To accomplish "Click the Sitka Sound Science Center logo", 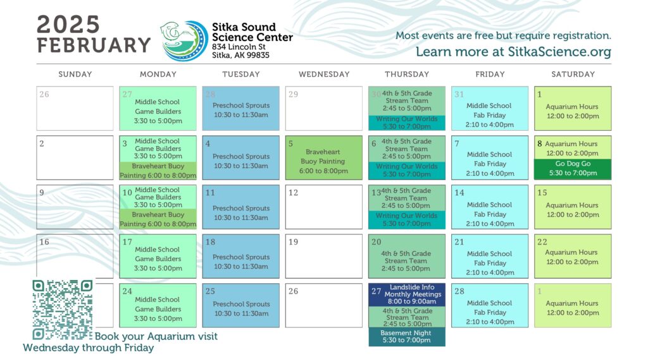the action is pos(184,41).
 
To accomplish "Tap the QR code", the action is pos(63,310).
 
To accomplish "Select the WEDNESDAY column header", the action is pos(324,75).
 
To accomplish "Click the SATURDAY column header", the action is pos(573,75).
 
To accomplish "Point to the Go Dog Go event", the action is pos(573,169).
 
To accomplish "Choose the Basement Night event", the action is pos(407,336).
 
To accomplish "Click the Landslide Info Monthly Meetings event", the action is pos(407,294).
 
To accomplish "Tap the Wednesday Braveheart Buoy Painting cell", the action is pos(323,157).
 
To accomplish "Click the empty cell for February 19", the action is pos(323,257).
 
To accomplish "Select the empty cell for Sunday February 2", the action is pos(75,157).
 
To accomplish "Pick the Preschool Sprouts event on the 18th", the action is pos(241,257).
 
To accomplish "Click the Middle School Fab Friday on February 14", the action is pos(490,207).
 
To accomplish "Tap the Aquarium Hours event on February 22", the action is pos(573,257).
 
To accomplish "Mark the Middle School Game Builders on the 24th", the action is pos(158,305).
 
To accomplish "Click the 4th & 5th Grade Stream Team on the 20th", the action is pos(407,257).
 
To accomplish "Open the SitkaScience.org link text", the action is pos(559,52).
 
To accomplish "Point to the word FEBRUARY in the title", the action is pos(94,45).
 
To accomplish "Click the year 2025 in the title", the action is pos(68,25).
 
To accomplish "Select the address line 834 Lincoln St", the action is pos(239,47).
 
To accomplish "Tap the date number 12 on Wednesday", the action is pos(294,193).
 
